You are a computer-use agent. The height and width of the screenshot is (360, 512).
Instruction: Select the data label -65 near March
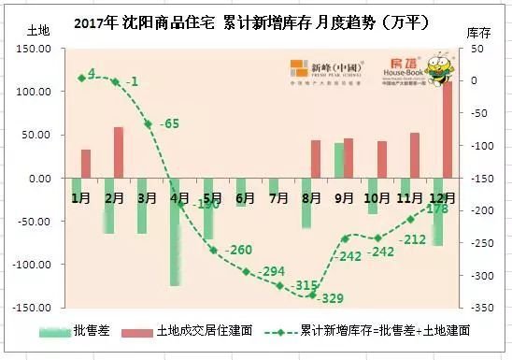tap(169, 123)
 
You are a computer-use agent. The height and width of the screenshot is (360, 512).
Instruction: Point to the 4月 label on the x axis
tap(178, 197)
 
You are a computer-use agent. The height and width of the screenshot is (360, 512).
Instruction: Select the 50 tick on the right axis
tap(476, 49)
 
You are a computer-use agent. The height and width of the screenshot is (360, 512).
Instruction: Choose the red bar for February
tap(119, 152)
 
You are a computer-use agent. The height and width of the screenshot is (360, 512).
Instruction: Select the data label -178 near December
tap(435, 209)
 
